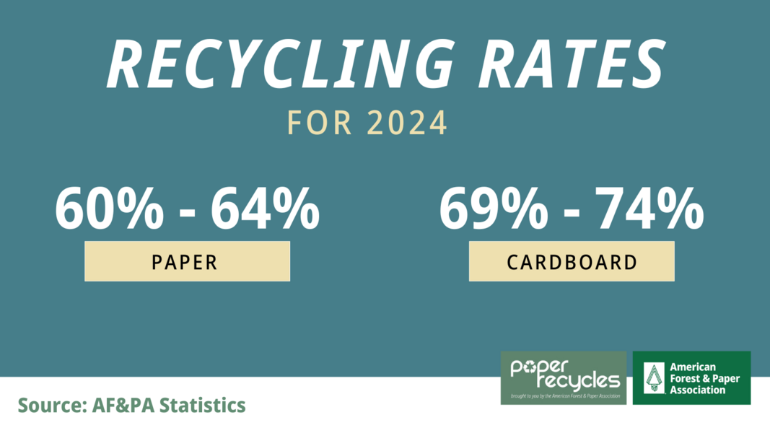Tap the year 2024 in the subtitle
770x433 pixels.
(x=408, y=123)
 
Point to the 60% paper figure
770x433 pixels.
(x=109, y=209)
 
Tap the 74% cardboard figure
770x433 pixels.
(x=649, y=209)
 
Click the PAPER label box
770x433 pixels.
(x=187, y=261)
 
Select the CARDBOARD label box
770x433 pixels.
(x=572, y=261)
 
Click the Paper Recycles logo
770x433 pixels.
(x=564, y=377)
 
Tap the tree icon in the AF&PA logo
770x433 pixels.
(x=653, y=378)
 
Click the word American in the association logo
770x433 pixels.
(x=694, y=367)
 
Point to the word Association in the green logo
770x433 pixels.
(x=698, y=390)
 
